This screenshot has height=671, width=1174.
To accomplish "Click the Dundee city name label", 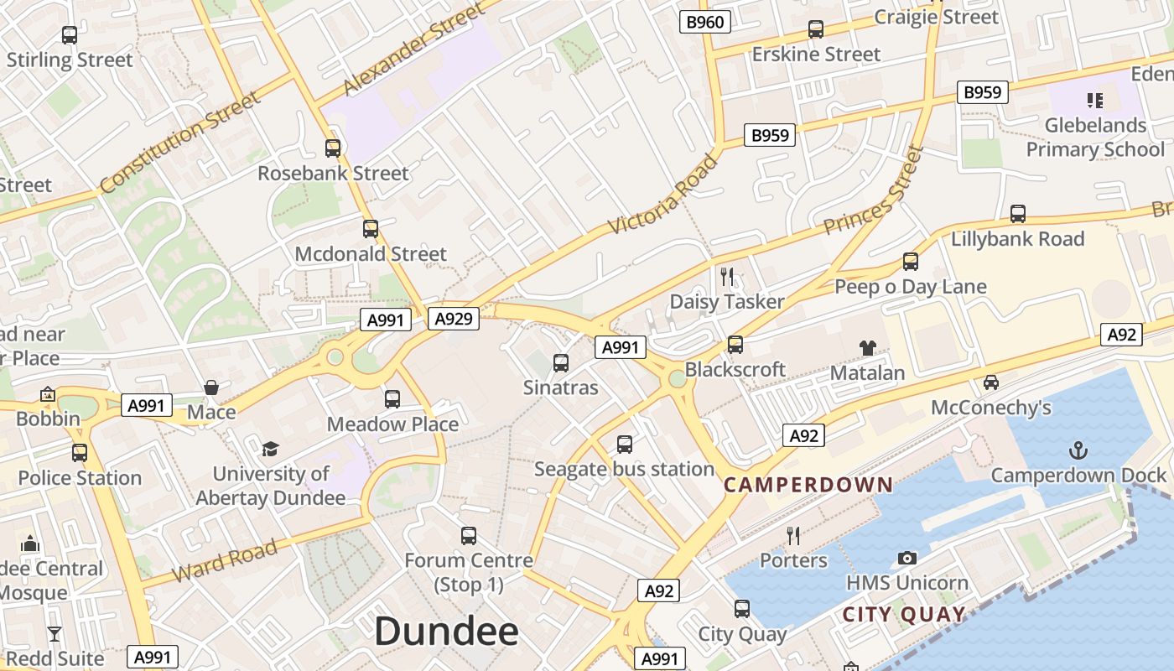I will (x=446, y=631).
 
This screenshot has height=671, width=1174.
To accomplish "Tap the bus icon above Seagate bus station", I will (x=625, y=445).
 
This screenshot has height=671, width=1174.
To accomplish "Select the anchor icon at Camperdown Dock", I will (x=1078, y=450).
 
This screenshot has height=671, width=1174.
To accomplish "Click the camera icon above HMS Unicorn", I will (x=906, y=558).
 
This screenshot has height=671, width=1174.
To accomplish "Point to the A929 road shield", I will (x=453, y=319).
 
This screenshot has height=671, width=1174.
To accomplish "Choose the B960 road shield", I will (x=704, y=22).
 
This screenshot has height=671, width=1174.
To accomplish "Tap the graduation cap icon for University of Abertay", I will (x=270, y=449).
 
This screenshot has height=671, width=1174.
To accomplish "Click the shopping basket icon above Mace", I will (x=211, y=388).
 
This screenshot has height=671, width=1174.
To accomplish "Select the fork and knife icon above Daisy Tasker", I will (x=727, y=276).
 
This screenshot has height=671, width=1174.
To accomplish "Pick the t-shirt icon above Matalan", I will (x=867, y=347).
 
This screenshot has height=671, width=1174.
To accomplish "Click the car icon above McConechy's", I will (x=991, y=382).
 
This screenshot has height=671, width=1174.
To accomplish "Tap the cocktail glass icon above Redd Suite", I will (x=55, y=633).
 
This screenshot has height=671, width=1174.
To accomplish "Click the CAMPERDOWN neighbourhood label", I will (x=808, y=485).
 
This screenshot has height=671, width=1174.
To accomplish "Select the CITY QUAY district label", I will (x=904, y=615).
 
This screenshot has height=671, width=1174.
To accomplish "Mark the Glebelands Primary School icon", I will (x=1094, y=101).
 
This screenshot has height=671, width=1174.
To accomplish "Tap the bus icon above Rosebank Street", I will (x=333, y=148).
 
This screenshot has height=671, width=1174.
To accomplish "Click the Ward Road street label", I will (x=225, y=561).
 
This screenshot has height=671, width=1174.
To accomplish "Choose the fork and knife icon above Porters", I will (x=793, y=535).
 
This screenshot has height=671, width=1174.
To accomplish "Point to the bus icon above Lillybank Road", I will (x=1018, y=214).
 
